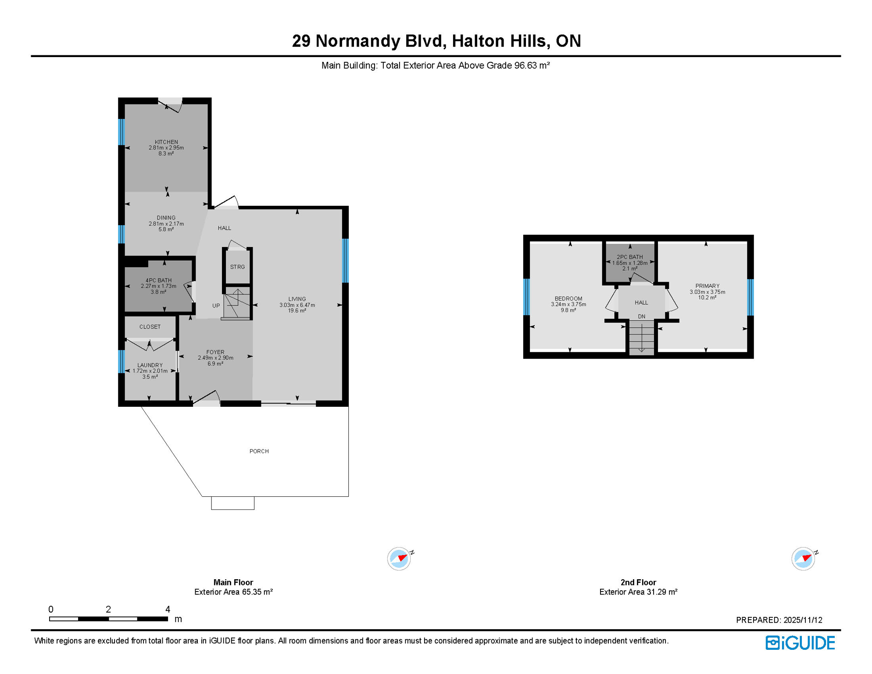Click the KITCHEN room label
coord(166,142)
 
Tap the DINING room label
coord(166,218)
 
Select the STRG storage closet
coord(237,267)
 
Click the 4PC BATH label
coord(158,280)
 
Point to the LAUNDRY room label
coord(150,365)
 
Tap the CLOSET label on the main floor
coord(150,327)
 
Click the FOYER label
coord(215,352)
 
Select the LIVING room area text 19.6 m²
coord(297,311)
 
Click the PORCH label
coord(259,451)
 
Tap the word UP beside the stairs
coord(216,306)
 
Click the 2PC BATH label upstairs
coord(629,257)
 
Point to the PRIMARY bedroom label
coord(707,286)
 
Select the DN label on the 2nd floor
coord(641,316)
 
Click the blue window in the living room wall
coord(346,261)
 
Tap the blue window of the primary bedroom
coord(750,297)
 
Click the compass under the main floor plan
coord(399,559)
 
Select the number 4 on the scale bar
coord(168,609)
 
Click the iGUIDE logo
coord(800,643)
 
